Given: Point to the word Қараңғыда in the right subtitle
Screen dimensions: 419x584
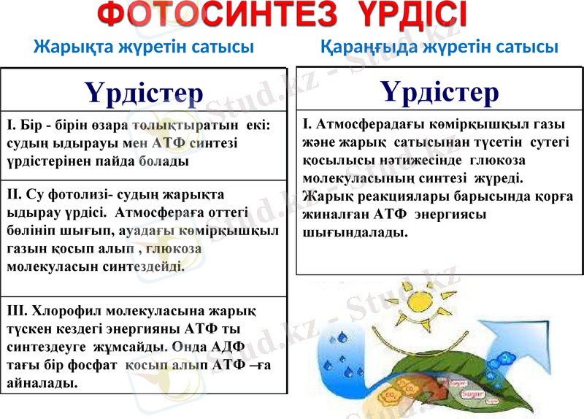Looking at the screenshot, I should pyautogui.click(x=363, y=48).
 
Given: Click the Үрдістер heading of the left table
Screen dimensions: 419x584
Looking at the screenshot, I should pyautogui.click(x=144, y=93).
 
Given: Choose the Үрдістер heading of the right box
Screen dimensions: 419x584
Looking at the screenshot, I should pyautogui.click(x=440, y=93).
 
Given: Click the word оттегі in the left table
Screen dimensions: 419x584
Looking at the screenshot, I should pyautogui.click(x=228, y=212).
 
